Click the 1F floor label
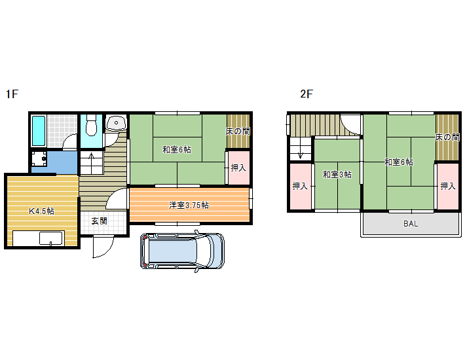pos(12,94)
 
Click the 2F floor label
pos(307,94)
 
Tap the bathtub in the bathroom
pos(39,131)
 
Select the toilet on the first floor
pos(91,125)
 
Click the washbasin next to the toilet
pos(116,123)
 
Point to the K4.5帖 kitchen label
pos(41,211)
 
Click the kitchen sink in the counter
pos(50,238)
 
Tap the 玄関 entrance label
pos(99,221)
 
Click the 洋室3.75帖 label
pos(189,205)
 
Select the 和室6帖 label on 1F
pos(177,149)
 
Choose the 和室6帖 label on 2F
pos(399,162)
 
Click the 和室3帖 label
pos(337,174)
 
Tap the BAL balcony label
pos(411,224)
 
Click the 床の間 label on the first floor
pos(238,132)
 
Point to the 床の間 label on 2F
pos(447,137)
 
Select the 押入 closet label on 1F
pos(238,168)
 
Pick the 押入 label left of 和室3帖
pos(300,186)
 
